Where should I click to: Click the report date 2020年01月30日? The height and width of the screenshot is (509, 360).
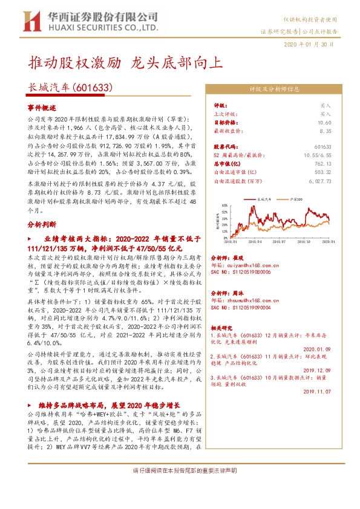tap(309, 45)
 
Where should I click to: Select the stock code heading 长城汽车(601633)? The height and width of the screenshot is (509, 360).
tap(71, 88)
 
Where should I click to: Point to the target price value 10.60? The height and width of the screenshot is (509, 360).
tap(324, 122)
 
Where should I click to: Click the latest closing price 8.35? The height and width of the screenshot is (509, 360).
tap(326, 130)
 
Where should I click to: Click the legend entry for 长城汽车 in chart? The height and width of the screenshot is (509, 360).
tap(266, 198)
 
